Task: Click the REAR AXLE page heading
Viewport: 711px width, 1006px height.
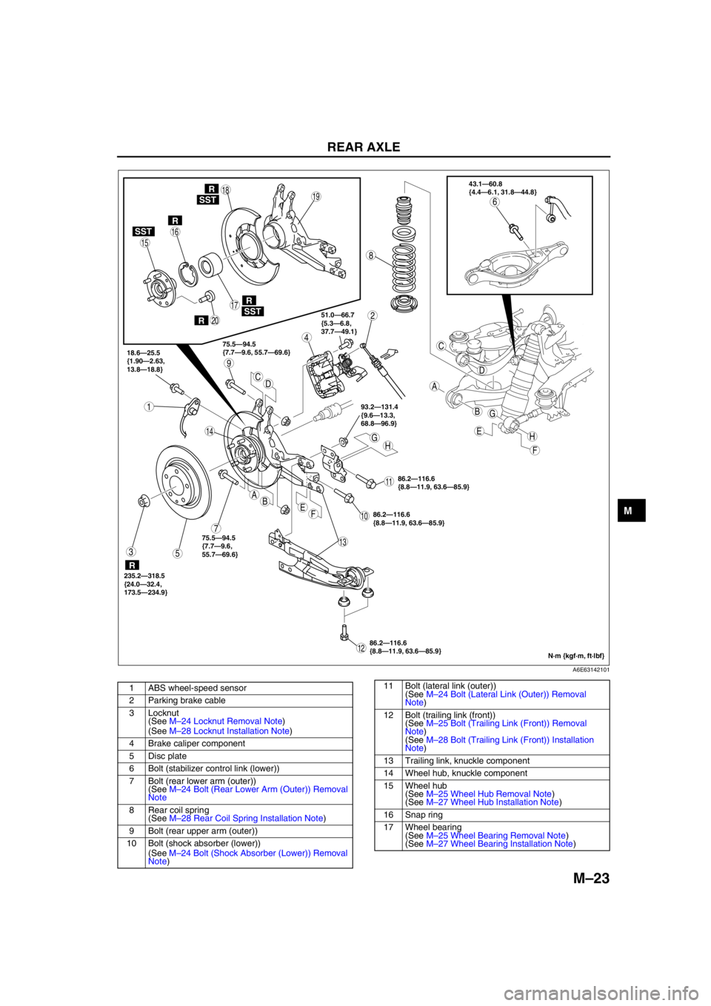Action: coord(364,147)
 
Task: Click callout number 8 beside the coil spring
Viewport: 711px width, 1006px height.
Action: coord(371,255)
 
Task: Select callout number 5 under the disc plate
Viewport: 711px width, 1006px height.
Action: coord(178,553)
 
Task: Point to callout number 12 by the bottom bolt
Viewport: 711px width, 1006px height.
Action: coord(361,648)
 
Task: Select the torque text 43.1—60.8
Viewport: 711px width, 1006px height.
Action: coord(485,184)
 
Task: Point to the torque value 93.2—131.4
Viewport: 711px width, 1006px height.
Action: coord(379,406)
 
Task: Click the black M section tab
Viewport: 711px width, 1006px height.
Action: coord(631,510)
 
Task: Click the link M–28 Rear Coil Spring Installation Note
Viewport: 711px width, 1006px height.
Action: coord(246,818)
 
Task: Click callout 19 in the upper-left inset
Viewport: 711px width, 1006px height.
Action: coord(316,196)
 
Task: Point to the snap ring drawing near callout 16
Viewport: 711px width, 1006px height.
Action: coord(189,273)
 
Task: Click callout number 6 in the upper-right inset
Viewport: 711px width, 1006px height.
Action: coord(495,202)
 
